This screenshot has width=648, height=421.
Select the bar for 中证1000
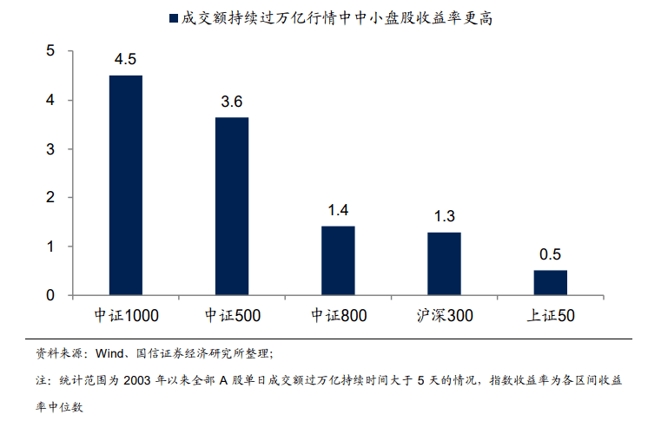click(x=125, y=185)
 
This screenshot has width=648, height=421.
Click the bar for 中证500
click(x=232, y=207)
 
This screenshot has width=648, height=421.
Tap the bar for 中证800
click(x=338, y=260)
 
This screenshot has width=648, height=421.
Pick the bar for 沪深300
click(x=444, y=263)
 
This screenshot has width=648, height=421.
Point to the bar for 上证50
click(x=550, y=283)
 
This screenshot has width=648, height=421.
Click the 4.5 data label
click(x=125, y=60)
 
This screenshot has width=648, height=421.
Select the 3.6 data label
click(x=232, y=102)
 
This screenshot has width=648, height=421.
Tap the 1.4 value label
click(x=338, y=210)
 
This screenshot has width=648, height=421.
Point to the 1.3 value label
click(x=444, y=216)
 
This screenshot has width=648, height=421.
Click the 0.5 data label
click(x=550, y=254)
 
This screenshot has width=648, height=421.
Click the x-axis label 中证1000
click(x=125, y=315)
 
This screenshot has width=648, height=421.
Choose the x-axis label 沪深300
click(x=444, y=315)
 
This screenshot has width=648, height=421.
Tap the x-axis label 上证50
click(x=550, y=315)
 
